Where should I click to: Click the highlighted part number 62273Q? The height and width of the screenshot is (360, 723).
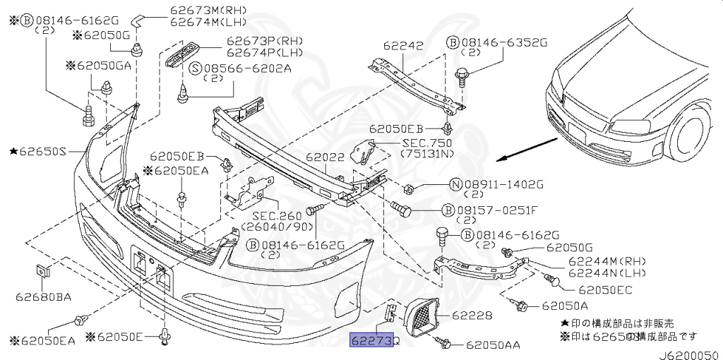click(371, 340)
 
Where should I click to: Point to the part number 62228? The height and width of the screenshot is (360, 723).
click(472, 316)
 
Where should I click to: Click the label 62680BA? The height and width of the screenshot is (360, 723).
click(43, 296)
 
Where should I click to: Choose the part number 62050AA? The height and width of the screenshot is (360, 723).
click(493, 344)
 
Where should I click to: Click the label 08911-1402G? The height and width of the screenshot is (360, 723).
click(504, 185)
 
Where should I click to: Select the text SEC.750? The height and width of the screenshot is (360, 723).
click(427, 143)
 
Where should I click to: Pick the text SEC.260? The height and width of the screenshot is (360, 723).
click(277, 216)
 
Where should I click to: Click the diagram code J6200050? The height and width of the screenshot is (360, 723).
click(691, 355)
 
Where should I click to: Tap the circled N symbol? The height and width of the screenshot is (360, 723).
click(455, 185)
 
